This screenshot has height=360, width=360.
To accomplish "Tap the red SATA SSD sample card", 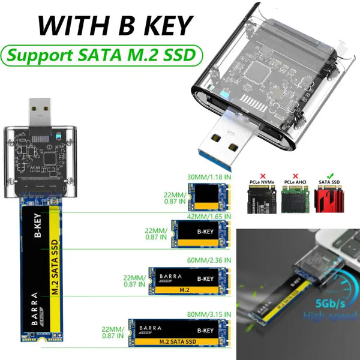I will point(330,202).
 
